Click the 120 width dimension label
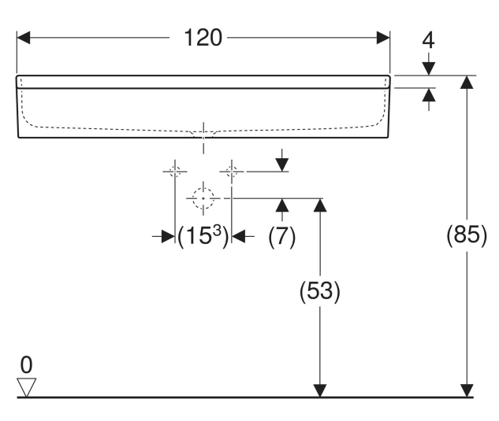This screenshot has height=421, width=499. (203, 38)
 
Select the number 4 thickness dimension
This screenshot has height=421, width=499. (428, 41)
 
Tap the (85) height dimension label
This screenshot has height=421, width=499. (467, 235)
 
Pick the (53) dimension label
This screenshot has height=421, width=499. (320, 290)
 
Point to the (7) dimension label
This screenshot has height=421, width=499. (282, 236)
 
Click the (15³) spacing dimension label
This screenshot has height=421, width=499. (203, 236)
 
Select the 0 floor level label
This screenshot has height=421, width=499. (27, 365)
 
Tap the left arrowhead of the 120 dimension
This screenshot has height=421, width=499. (24, 38)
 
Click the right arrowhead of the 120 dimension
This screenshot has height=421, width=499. (383, 38)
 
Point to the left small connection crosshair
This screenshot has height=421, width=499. (175, 172)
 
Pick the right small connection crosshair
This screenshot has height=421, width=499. (232, 172)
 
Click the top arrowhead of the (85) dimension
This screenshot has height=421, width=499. (467, 83)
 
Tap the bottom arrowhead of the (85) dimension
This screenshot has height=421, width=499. (467, 390)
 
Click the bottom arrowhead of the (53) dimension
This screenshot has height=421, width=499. (320, 390)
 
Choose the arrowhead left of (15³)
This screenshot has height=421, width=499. (168, 236)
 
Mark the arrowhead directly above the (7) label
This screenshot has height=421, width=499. (282, 205)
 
